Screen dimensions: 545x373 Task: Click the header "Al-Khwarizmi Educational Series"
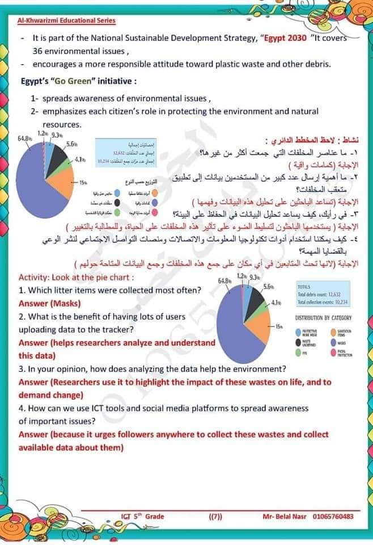[67, 21]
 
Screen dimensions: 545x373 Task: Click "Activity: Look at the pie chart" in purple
[76, 278]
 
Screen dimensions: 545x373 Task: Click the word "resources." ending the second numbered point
[62, 124]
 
